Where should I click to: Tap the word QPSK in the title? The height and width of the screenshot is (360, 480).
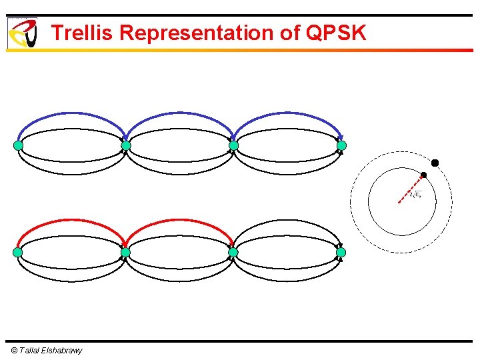(337, 33)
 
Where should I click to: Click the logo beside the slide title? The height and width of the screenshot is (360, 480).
(22, 33)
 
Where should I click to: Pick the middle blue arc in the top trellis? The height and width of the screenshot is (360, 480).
(179, 114)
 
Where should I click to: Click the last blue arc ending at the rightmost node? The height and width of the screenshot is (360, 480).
(287, 114)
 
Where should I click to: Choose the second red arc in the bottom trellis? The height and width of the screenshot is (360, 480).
(179, 221)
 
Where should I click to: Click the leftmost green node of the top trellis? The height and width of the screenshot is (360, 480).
(18, 145)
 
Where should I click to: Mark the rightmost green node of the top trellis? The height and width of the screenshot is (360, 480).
(341, 145)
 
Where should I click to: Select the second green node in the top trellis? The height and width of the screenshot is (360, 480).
(125, 145)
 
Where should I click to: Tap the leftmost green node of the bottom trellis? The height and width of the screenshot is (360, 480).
(18, 253)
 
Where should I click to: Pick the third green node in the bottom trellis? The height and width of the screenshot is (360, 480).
(233, 253)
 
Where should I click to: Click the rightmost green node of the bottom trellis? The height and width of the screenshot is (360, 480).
(341, 253)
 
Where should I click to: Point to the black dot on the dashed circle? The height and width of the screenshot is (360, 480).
(435, 163)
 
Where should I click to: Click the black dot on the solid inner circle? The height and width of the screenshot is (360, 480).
(423, 175)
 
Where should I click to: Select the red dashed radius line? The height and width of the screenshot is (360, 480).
(410, 189)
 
